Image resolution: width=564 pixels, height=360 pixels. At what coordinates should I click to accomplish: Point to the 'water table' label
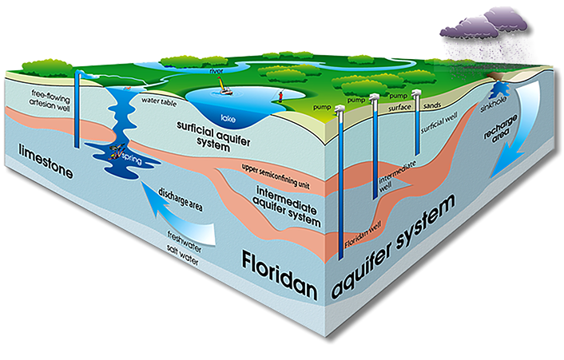point(158,101)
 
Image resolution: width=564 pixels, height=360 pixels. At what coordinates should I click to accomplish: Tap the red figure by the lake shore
point(280,97)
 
